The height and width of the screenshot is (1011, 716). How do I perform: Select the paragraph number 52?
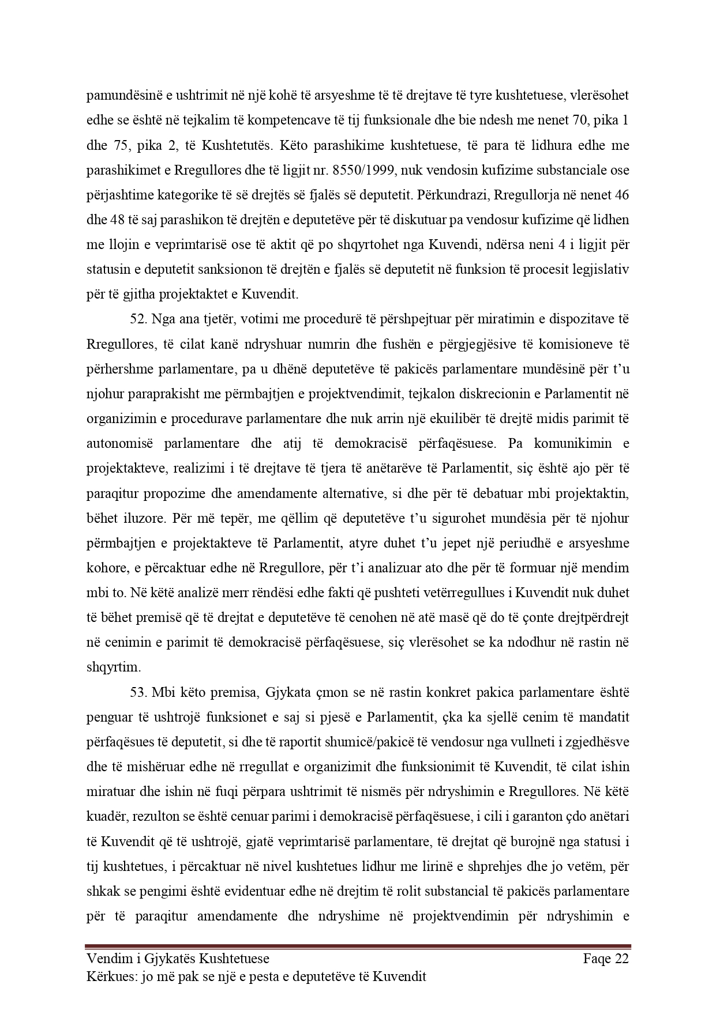tap(138, 319)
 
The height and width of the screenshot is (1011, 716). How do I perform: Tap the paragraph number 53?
tap(138, 692)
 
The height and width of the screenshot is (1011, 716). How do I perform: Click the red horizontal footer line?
tap(358, 945)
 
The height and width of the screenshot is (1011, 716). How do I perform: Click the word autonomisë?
tap(121, 444)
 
